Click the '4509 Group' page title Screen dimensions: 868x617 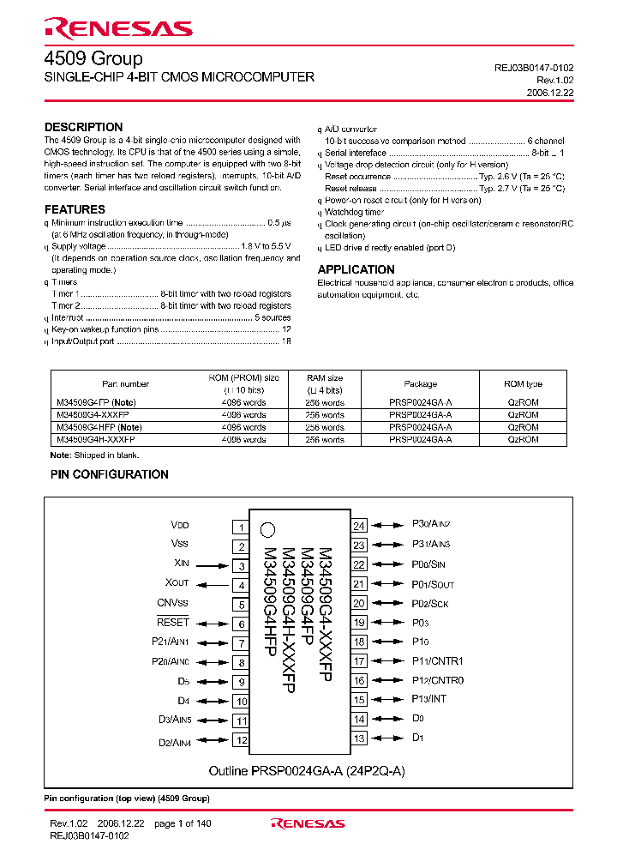[x=93, y=58]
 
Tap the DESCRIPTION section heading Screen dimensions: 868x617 [x=83, y=127]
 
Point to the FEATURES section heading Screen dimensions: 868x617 [x=75, y=209]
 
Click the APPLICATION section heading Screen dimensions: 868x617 [x=356, y=269]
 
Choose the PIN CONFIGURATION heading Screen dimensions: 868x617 [x=110, y=474]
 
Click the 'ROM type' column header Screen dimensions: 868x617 [x=523, y=384]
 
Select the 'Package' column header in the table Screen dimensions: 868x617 [x=420, y=384]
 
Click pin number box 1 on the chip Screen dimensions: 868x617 [x=242, y=527]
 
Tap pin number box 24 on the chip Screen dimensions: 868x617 [x=359, y=526]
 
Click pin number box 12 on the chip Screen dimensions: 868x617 [x=242, y=740]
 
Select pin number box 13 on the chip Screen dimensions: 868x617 [x=359, y=738]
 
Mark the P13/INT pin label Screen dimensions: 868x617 [x=429, y=699]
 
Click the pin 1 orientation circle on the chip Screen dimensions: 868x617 [x=267, y=530]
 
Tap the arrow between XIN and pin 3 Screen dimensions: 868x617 [x=212, y=565]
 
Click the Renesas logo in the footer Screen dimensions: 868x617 [x=308, y=823]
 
